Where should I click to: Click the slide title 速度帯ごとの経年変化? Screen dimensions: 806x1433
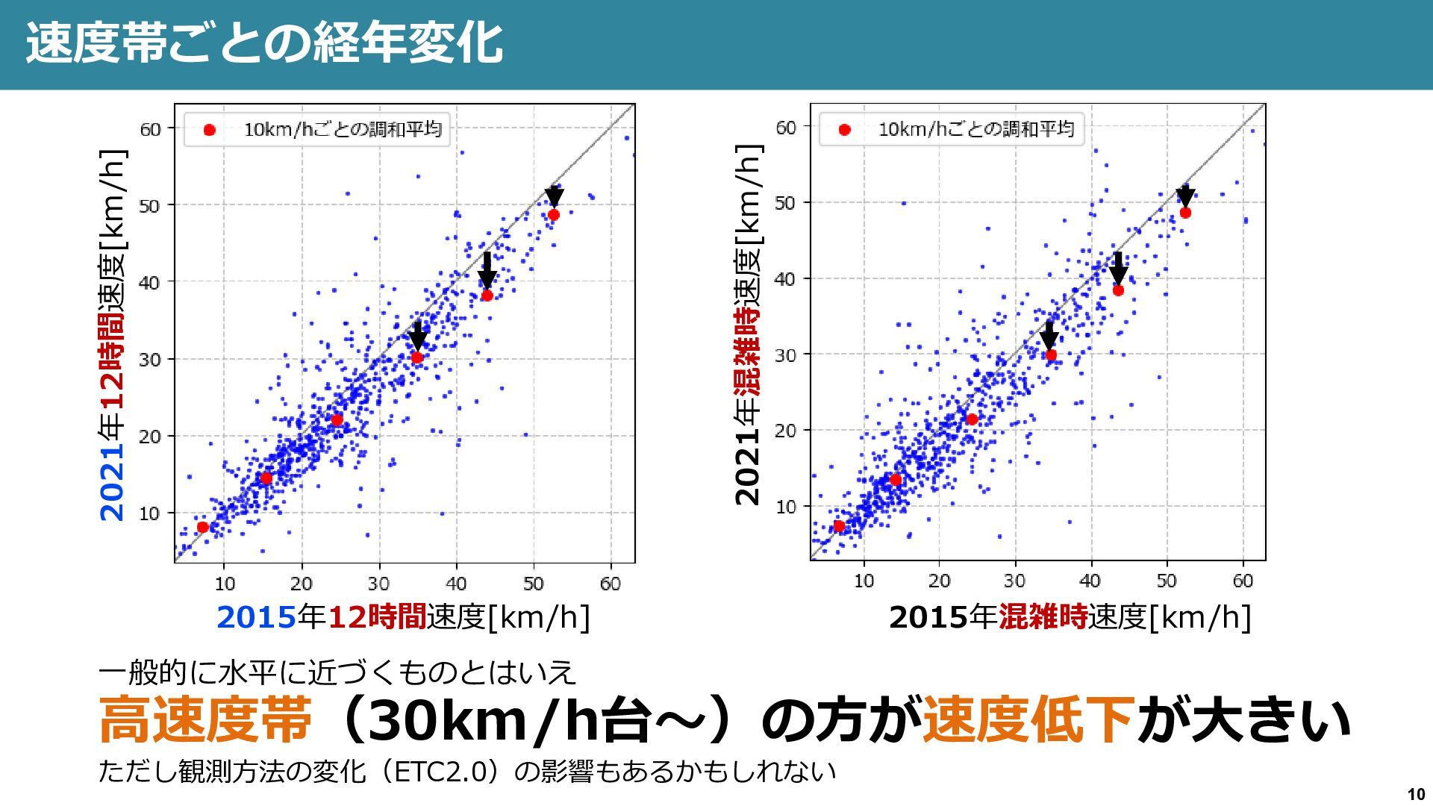(264, 43)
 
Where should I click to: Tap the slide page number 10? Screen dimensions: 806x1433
(1416, 794)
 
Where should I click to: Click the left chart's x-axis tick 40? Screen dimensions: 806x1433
(456, 584)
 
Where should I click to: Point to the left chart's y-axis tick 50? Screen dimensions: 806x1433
(150, 206)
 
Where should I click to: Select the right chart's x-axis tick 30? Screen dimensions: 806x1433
(1014, 581)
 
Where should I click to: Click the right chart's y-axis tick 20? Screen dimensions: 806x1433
(786, 431)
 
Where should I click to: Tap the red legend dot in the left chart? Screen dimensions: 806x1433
(210, 131)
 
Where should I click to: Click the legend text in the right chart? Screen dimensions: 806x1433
(975, 129)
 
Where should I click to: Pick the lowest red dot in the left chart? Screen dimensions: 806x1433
(202, 527)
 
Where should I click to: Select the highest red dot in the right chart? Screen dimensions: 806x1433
(1185, 213)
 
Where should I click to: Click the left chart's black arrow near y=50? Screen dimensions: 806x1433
(554, 196)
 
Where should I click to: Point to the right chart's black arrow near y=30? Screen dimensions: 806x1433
(1049, 335)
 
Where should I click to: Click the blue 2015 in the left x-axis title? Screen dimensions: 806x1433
(256, 617)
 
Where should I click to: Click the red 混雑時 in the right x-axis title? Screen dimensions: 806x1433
(1043, 617)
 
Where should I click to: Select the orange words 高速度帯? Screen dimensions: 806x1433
(205, 719)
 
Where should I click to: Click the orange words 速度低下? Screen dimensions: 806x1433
(1028, 719)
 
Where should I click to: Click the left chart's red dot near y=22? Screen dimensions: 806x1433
(337, 420)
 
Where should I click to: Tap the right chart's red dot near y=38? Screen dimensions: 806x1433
(1118, 290)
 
